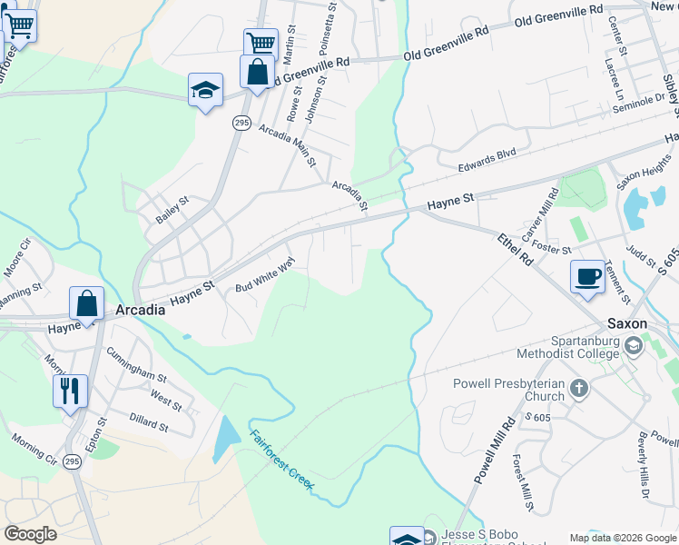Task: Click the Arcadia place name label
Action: pyautogui.click(x=141, y=310)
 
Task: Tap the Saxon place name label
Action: pyautogui.click(x=626, y=323)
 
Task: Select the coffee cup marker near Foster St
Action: pyautogui.click(x=587, y=276)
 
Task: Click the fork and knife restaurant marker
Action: pyautogui.click(x=70, y=391)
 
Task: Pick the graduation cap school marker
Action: pyautogui.click(x=205, y=90)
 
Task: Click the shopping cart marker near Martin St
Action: pyautogui.click(x=261, y=42)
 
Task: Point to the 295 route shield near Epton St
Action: pyautogui.click(x=73, y=462)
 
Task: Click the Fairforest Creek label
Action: pyautogui.click(x=282, y=460)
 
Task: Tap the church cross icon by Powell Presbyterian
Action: pyautogui.click(x=578, y=389)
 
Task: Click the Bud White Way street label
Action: pyautogui.click(x=266, y=274)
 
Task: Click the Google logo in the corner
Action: pyautogui.click(x=31, y=533)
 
